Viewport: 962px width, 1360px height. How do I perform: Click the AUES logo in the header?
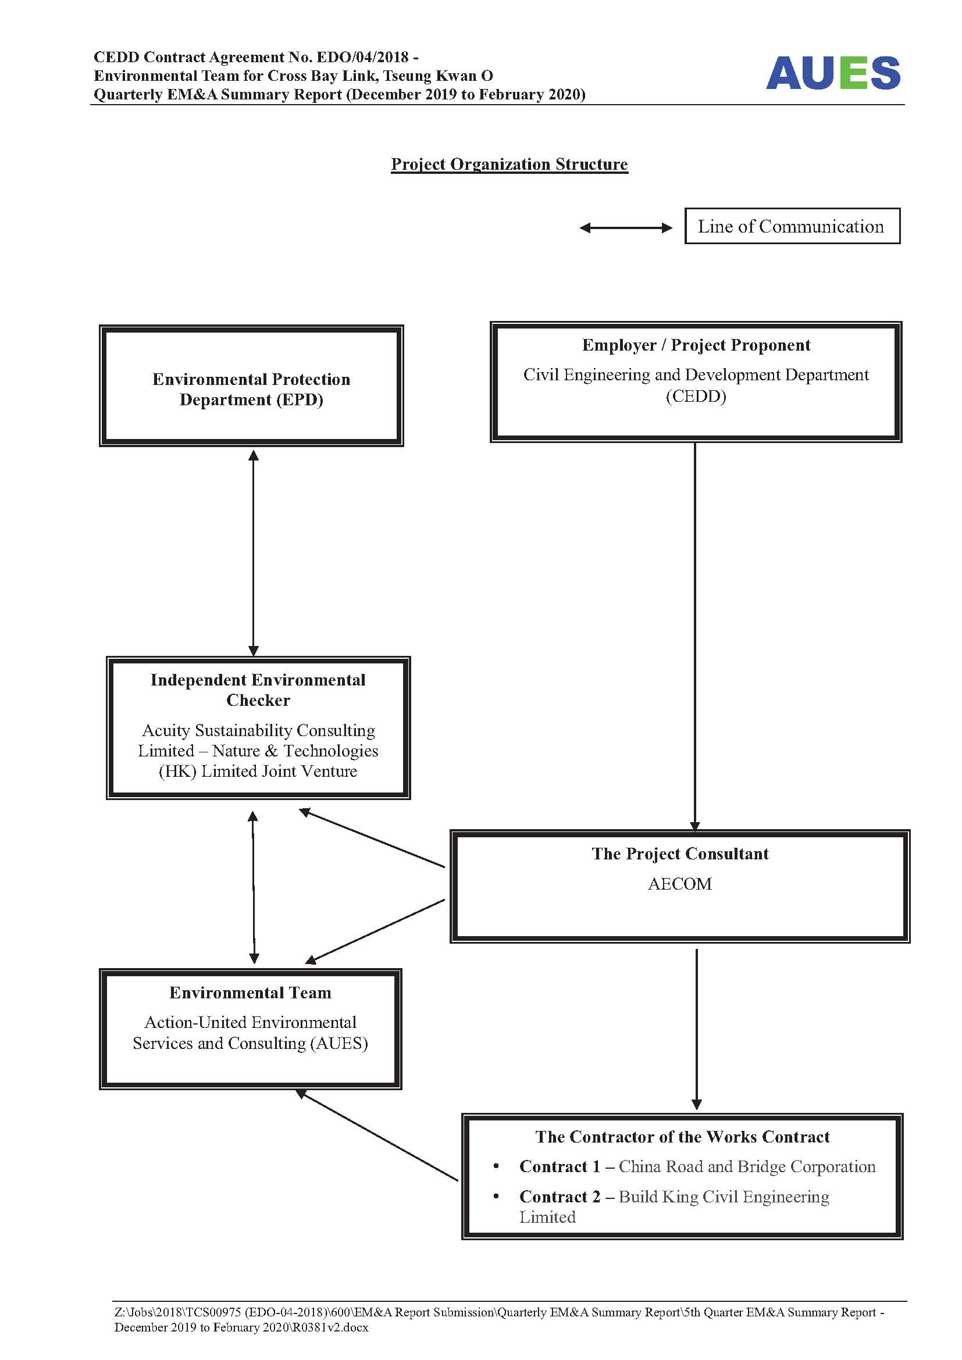pyautogui.click(x=833, y=73)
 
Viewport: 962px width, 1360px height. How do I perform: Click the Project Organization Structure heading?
pyautogui.click(x=509, y=164)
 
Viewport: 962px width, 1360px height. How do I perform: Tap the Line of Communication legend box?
pyautogui.click(x=792, y=226)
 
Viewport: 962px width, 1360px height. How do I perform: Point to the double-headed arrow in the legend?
pyautogui.click(x=626, y=227)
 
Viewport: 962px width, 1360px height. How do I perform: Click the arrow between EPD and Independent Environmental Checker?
pyautogui.click(x=254, y=552)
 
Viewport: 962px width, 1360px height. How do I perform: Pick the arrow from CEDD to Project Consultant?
pyautogui.click(x=695, y=637)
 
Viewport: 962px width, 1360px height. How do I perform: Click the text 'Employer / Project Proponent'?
pyautogui.click(x=696, y=345)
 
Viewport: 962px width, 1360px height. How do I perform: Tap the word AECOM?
pyautogui.click(x=679, y=884)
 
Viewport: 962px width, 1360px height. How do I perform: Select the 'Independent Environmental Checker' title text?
pyautogui.click(x=258, y=690)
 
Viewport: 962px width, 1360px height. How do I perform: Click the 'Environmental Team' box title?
pyautogui.click(x=251, y=992)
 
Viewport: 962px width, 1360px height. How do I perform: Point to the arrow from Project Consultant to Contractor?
pyautogui.click(x=697, y=1030)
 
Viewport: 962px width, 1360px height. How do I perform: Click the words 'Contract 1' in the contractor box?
pyautogui.click(x=560, y=1166)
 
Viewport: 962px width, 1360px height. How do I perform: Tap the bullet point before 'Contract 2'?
pyautogui.click(x=496, y=1196)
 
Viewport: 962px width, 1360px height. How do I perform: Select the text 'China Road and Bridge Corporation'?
pyautogui.click(x=747, y=1166)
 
